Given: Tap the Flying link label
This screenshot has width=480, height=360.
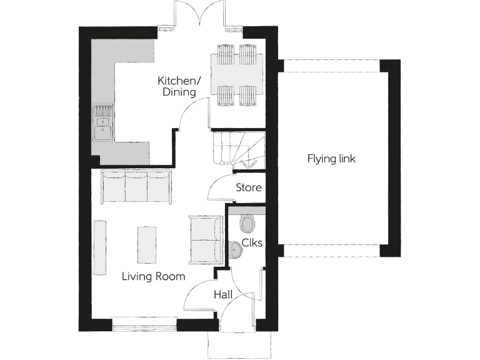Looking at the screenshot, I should point(331,159).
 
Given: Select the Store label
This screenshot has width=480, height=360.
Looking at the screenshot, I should point(248,187).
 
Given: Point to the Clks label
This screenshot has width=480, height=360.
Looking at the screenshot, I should point(251,242).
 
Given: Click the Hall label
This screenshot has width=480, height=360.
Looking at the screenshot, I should point(224,294).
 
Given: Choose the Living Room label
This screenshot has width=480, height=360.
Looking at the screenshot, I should point(153,276).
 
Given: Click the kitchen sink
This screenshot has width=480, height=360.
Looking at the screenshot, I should point(102,124).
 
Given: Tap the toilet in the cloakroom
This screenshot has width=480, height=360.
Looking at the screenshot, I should point(247,223).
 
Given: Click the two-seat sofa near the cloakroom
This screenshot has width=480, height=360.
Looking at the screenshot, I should point(206,239).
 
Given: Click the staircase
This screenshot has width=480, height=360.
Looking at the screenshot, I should point(238,149).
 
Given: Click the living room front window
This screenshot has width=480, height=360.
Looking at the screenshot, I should point(144,324).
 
